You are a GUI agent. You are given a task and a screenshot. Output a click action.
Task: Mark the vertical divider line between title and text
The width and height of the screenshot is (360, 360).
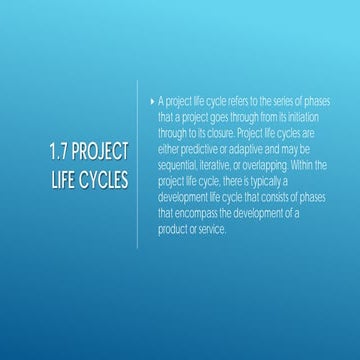click(138, 170)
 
